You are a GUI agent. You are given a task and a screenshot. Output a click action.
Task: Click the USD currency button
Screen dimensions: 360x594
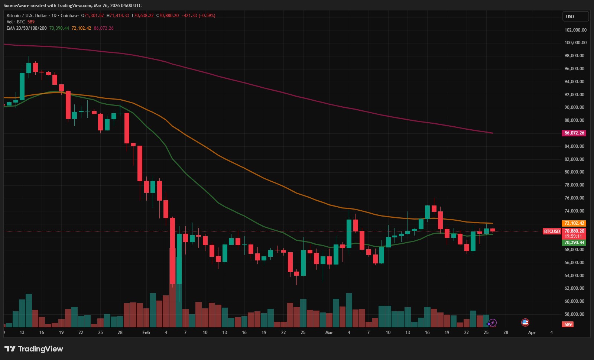[x=575, y=16]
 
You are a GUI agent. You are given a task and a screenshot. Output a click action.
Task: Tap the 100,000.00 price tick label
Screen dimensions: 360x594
[x=575, y=43]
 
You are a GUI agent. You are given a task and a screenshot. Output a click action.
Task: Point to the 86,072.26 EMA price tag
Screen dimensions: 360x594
[x=574, y=133]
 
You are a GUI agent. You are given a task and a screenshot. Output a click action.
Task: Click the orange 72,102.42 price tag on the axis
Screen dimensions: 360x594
[x=574, y=223]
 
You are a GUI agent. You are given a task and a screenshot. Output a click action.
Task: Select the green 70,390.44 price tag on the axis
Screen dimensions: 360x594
[x=574, y=243]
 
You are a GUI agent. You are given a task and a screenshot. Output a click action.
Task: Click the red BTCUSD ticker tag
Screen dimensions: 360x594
[x=552, y=231]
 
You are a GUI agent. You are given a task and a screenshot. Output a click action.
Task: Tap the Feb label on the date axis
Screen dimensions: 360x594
[x=146, y=333]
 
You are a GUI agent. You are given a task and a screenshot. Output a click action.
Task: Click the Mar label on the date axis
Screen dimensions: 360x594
[x=329, y=333]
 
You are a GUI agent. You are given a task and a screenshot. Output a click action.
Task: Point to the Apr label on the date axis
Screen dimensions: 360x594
[x=532, y=333]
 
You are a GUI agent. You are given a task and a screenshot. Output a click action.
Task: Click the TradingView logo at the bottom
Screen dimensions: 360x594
[x=34, y=349]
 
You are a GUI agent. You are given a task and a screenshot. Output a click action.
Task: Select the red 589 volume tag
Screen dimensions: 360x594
[x=568, y=324]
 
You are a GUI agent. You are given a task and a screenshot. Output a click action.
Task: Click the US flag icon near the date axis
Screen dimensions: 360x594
[x=525, y=322]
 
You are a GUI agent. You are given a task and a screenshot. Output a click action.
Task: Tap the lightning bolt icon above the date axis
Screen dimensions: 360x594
[x=493, y=323]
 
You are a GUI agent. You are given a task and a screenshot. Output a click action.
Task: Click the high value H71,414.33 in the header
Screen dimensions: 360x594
[x=118, y=16]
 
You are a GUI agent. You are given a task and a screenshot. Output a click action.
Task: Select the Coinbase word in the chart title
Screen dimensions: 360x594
[x=69, y=16]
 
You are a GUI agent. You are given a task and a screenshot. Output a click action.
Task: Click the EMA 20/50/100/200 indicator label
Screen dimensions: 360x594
[x=27, y=28]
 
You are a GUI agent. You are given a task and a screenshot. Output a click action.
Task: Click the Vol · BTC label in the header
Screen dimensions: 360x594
[x=16, y=22]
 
